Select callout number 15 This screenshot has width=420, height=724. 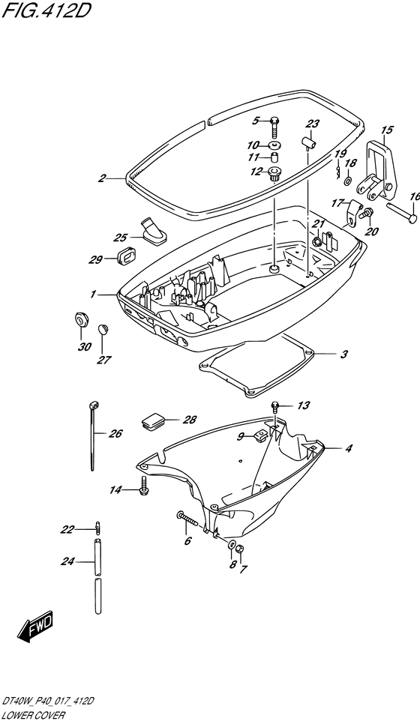point(386,130)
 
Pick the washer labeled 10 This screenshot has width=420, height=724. point(276,145)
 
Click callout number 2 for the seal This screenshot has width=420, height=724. point(102,178)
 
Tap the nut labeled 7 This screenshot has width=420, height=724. point(240,549)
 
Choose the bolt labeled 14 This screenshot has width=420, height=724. point(144,484)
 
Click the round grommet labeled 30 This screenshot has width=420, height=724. point(81,319)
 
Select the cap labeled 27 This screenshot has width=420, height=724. point(102,329)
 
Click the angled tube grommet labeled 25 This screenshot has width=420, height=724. point(154,230)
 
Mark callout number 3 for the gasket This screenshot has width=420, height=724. point(343,355)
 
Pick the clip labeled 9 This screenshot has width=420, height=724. point(259,434)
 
